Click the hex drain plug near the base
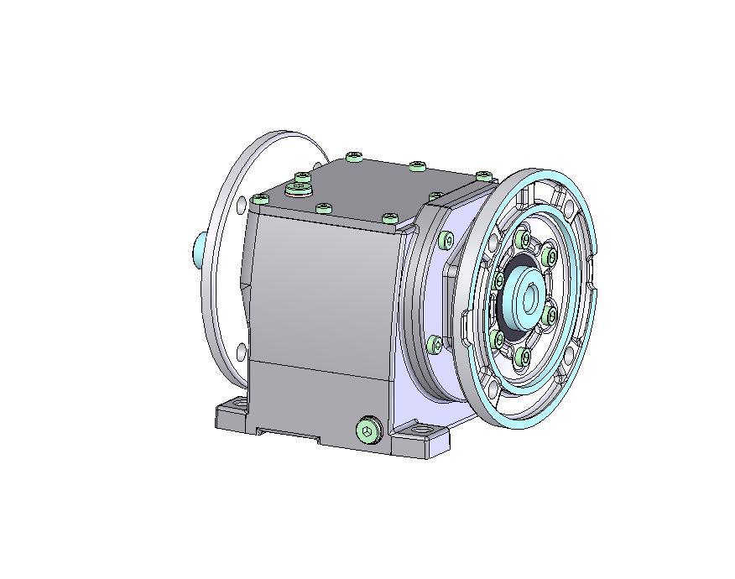(x=367, y=430)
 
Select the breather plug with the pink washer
(x=298, y=188)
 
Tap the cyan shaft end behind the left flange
(x=198, y=250)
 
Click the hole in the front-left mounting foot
(x=237, y=406)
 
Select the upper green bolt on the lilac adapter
(x=446, y=242)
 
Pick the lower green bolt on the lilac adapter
(x=435, y=344)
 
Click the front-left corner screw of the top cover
(x=260, y=200)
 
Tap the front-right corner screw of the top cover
(x=389, y=218)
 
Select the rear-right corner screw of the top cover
(x=483, y=175)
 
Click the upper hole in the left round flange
(x=242, y=203)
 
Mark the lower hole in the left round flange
(x=242, y=350)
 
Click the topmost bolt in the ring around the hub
(x=525, y=240)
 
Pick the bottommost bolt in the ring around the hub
(x=524, y=357)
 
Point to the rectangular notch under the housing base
(x=289, y=435)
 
